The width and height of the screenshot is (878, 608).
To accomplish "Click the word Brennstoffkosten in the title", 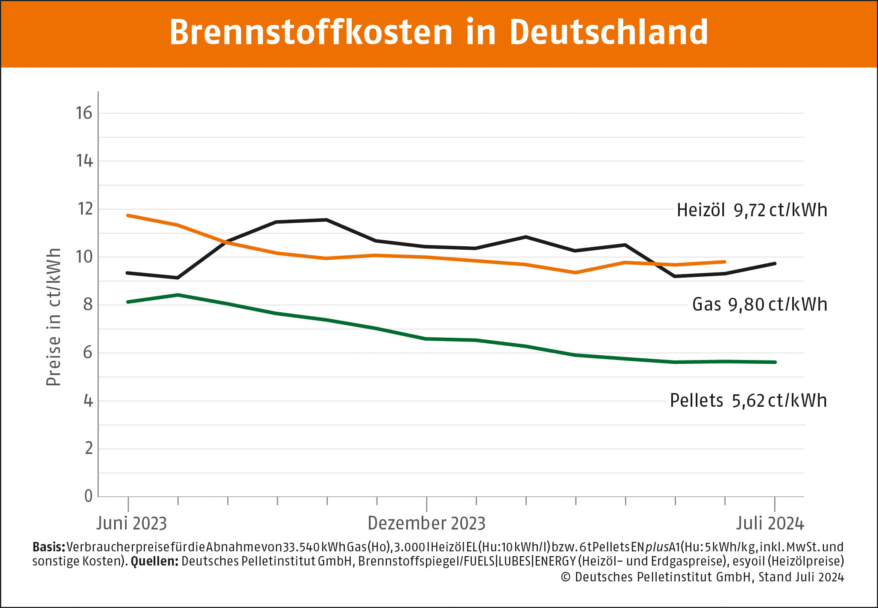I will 311,33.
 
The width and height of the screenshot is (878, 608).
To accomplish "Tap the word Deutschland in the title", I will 609,33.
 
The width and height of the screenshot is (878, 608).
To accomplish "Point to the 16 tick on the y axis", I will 84,113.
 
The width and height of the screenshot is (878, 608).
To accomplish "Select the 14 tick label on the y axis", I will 84,161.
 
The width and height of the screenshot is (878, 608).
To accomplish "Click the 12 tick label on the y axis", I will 84,209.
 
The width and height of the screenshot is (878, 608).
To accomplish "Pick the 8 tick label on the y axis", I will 87,305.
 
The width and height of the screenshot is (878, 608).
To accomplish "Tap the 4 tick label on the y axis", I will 88,401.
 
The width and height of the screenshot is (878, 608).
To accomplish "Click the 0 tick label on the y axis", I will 88,496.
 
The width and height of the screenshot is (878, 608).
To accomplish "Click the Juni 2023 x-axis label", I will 131,523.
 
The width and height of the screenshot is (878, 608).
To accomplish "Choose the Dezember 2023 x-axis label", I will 426,523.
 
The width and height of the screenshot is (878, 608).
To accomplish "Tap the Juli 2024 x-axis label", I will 770,523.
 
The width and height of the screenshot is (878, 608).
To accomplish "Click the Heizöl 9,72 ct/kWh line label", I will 751,210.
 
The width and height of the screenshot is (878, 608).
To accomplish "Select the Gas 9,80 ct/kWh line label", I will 759,305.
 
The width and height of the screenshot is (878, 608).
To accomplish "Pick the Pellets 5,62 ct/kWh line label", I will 748,401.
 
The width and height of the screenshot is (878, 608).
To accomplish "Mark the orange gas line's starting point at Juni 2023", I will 128,215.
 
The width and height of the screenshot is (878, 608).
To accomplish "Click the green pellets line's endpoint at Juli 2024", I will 775,362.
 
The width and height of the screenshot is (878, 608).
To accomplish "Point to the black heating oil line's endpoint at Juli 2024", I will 775,263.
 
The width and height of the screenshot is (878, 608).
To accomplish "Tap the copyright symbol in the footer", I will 566,578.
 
